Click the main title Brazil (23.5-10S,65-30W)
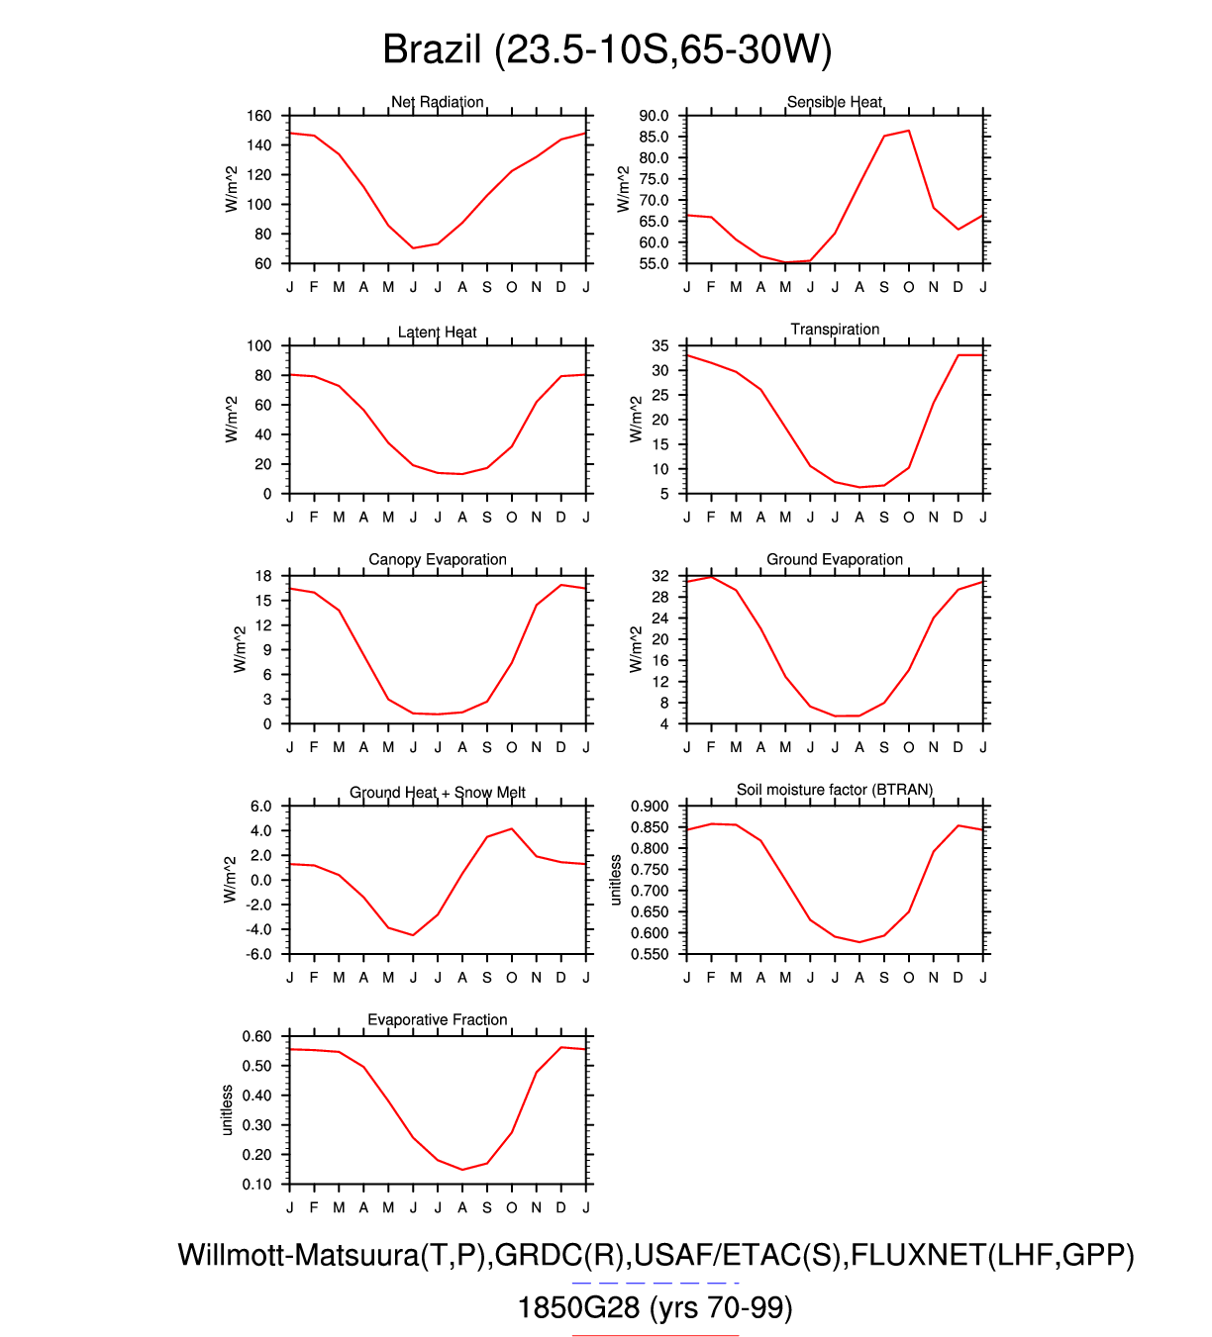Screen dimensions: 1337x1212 pyautogui.click(x=606, y=49)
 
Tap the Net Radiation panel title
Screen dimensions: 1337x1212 pyautogui.click(x=438, y=102)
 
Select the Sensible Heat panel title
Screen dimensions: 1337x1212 pyautogui.click(x=835, y=102)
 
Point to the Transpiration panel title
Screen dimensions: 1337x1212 pyautogui.click(x=835, y=330)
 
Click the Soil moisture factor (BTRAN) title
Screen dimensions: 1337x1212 pyautogui.click(x=835, y=790)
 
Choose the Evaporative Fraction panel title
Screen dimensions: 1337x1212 pyautogui.click(x=438, y=1019)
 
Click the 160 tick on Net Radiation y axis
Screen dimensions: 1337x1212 pyautogui.click(x=259, y=116)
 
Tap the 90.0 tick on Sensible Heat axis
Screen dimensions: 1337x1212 pyautogui.click(x=654, y=116)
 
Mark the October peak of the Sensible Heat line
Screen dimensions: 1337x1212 pyautogui.click(x=909, y=131)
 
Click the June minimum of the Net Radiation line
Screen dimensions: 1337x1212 pyautogui.click(x=413, y=248)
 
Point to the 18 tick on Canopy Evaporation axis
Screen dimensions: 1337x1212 pyautogui.click(x=263, y=576)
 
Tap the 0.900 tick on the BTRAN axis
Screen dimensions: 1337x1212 pyautogui.click(x=651, y=806)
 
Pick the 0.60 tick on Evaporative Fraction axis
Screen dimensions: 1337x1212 pyautogui.click(x=257, y=1036)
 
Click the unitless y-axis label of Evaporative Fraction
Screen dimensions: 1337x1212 pyautogui.click(x=227, y=1110)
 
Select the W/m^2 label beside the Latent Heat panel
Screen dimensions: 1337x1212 pyautogui.click(x=232, y=420)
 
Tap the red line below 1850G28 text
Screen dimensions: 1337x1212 pyautogui.click(x=656, y=1335)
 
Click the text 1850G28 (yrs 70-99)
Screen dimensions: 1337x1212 pyautogui.click(x=656, y=1308)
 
